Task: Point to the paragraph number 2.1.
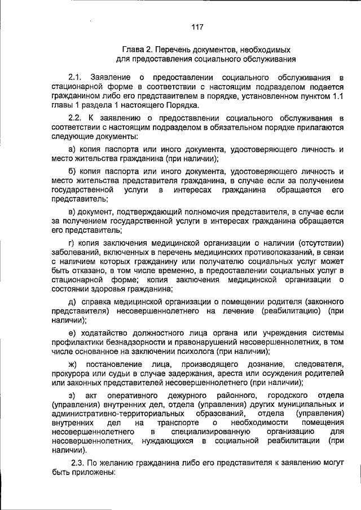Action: tap(75, 76)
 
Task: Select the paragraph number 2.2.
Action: tap(75, 117)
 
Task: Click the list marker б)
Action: tap(72, 170)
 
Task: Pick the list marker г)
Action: tap(71, 243)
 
